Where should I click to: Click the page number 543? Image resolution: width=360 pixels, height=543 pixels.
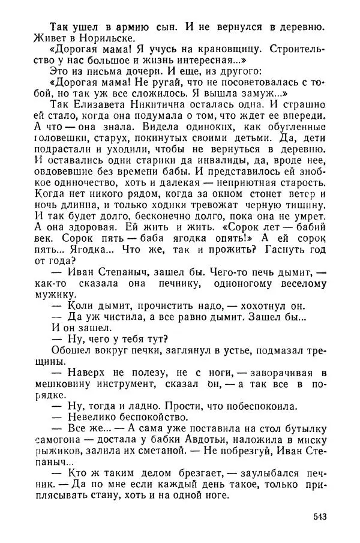(321, 517)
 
